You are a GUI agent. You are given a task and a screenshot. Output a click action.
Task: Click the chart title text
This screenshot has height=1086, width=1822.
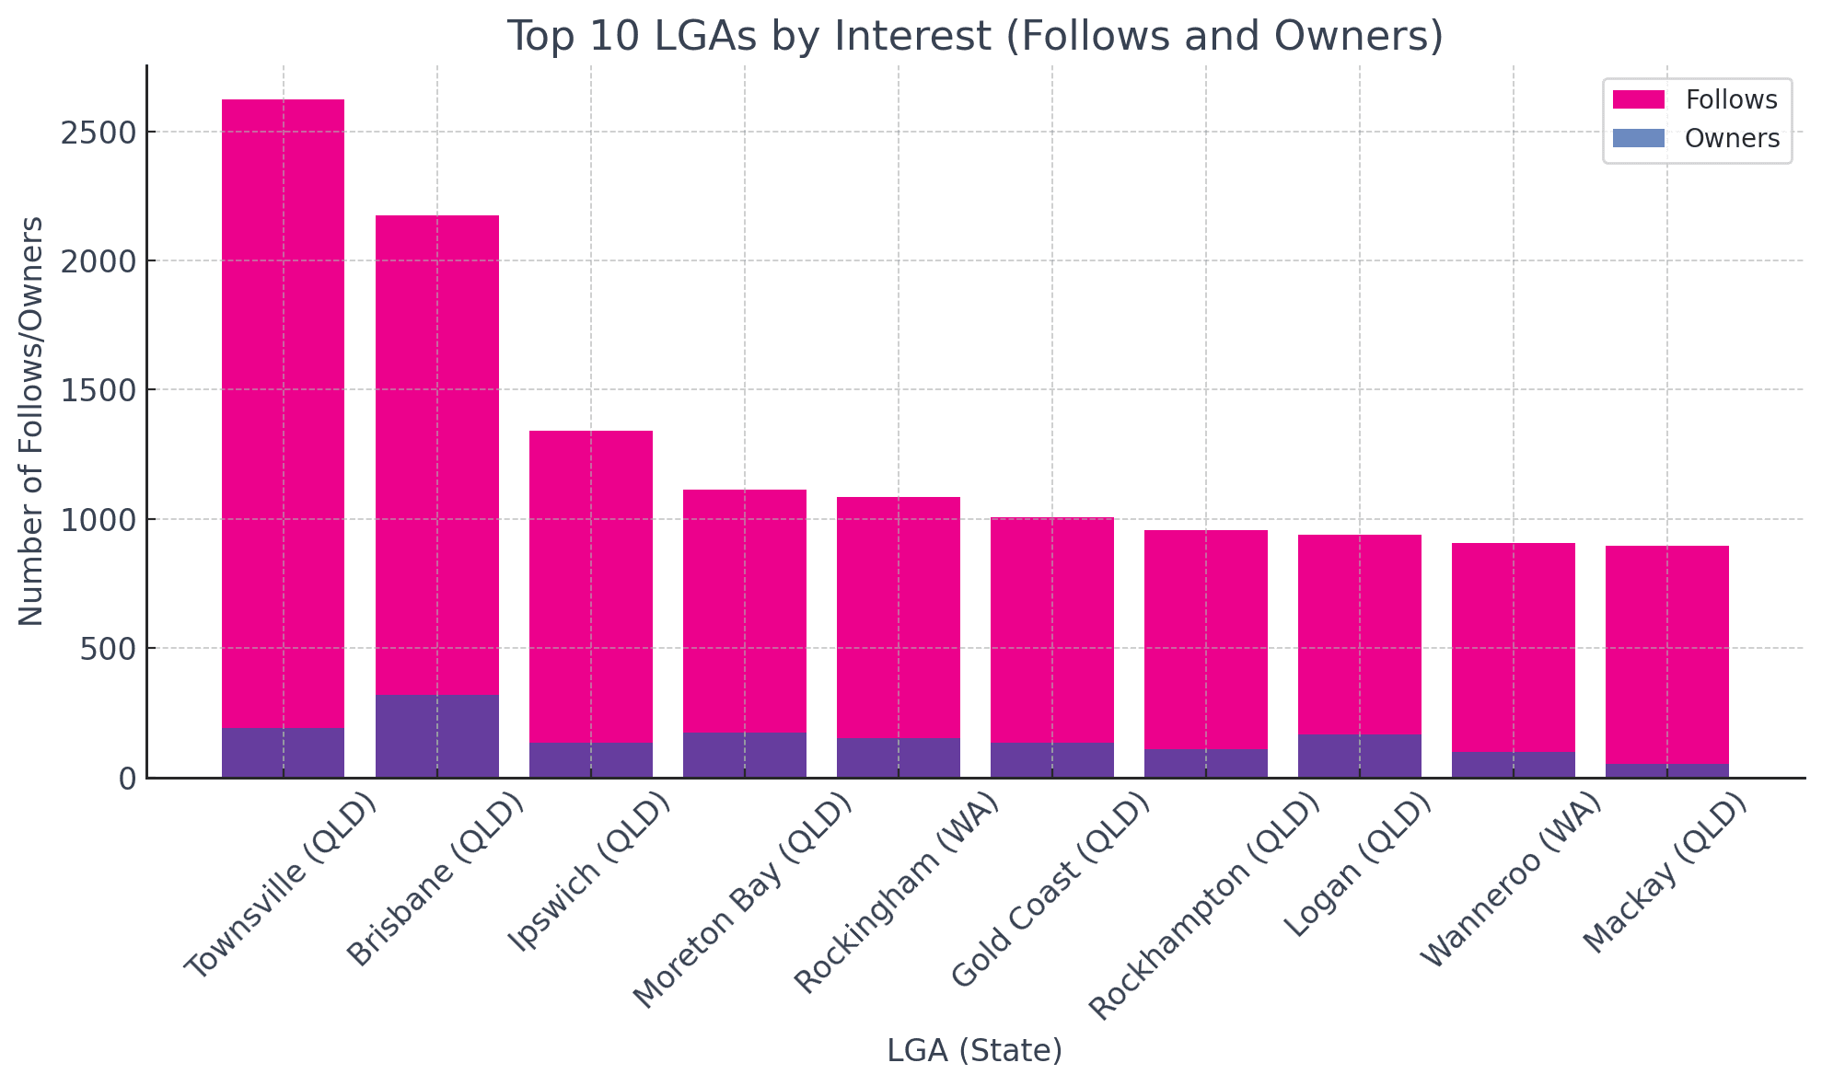coord(975,37)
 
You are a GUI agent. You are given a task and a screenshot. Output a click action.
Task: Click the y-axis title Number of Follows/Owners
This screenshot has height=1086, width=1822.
coord(31,421)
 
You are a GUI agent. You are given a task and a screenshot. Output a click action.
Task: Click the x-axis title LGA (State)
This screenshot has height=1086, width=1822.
coord(975,1050)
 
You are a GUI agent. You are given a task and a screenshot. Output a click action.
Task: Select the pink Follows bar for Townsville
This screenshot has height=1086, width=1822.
coord(284,414)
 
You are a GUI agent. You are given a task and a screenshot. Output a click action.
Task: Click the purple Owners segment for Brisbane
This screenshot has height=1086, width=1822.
coord(437,736)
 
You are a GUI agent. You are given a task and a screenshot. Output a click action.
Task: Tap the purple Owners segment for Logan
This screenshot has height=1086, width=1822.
coord(1360,756)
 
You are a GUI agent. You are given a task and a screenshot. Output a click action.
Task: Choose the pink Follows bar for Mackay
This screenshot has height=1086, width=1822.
coord(1667,653)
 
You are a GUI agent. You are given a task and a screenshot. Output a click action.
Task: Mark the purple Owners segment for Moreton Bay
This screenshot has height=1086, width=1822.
coord(745,755)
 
